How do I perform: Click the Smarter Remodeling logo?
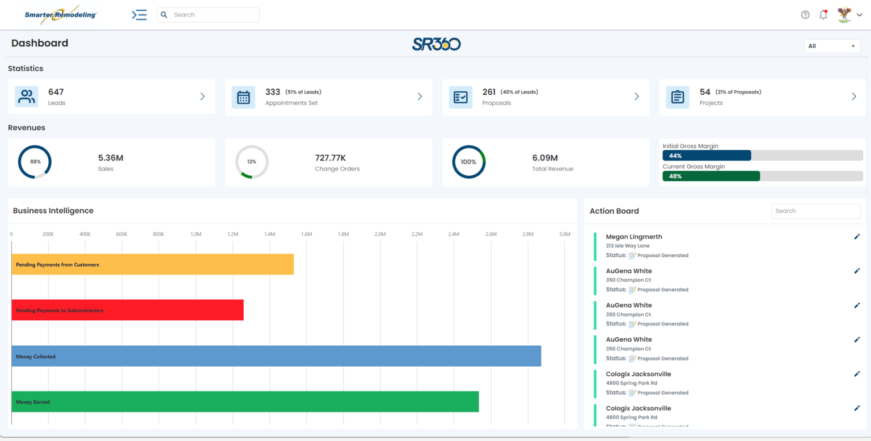point(60,15)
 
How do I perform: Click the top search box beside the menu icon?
point(208,15)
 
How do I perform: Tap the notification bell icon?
point(823,15)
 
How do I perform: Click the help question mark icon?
point(805,15)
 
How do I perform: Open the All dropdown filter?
point(831,46)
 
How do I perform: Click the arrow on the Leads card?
point(202,97)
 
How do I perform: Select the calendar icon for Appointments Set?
point(243,97)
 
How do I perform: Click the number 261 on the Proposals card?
point(489,92)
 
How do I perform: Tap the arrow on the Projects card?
point(854,97)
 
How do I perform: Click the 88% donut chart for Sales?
point(35,162)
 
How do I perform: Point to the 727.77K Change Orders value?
point(330,158)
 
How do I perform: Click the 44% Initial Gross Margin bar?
point(707,155)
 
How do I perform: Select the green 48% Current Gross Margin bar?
point(711,176)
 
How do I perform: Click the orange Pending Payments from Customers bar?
point(153,265)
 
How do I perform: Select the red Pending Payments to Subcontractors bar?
point(128,310)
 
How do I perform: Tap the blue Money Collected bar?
point(276,356)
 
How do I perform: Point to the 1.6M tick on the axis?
point(306,234)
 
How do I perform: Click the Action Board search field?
point(815,211)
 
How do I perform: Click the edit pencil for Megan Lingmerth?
point(857,237)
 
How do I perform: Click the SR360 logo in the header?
point(436,44)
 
